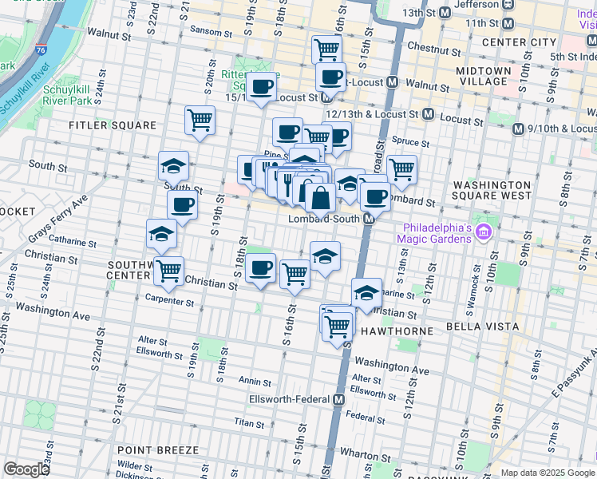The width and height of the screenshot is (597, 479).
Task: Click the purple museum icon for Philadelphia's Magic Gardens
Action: pyautogui.click(x=482, y=232)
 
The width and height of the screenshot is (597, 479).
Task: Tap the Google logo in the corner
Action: pyautogui.click(x=26, y=470)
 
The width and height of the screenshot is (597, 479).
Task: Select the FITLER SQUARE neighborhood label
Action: pyautogui.click(x=113, y=126)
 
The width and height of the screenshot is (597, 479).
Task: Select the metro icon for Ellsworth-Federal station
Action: pyautogui.click(x=339, y=399)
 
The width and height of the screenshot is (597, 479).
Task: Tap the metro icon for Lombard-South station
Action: pyautogui.click(x=370, y=218)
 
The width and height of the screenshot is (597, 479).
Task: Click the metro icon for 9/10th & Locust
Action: pyautogui.click(x=518, y=128)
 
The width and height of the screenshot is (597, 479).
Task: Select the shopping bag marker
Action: pyautogui.click(x=319, y=197)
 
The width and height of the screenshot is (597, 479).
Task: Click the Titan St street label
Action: pyautogui.click(x=248, y=422)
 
